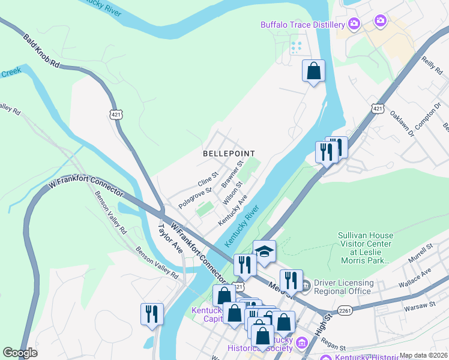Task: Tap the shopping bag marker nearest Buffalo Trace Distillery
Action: pyautogui.click(x=313, y=71)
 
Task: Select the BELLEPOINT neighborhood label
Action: pyautogui.click(x=229, y=154)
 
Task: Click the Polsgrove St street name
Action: pyautogui.click(x=195, y=197)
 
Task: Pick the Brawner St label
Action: pyautogui.click(x=231, y=173)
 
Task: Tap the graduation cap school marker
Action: pyautogui.click(x=264, y=251)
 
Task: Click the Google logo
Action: pyautogui.click(x=20, y=353)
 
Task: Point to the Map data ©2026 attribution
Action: pyautogui.click(x=423, y=355)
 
